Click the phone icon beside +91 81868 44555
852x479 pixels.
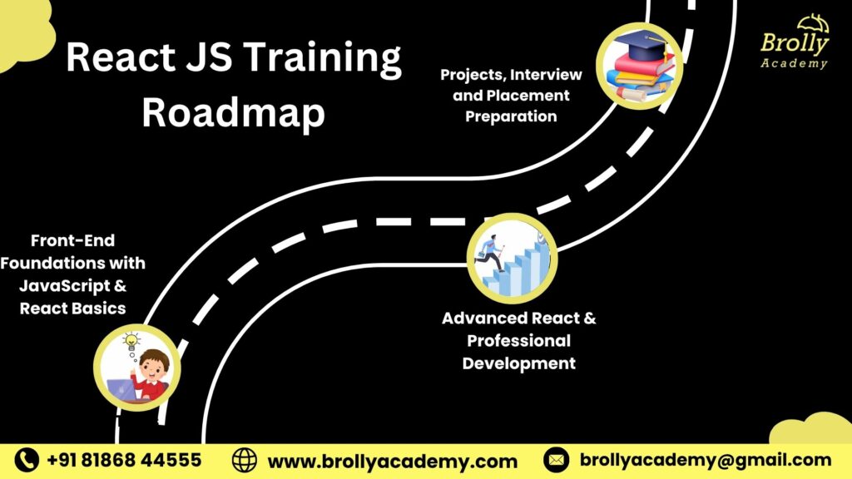pos(27,460)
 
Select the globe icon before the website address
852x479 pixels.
pos(245,460)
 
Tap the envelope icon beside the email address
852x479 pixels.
pos(556,460)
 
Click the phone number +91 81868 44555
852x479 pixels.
pos(124,460)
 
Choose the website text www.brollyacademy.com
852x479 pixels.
pos(392,460)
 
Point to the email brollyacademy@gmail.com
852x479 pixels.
pos(705,460)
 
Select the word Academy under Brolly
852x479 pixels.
pos(794,63)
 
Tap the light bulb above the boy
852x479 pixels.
pos(131,340)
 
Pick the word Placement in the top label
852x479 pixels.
pos(529,96)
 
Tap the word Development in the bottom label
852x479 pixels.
pos(518,363)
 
